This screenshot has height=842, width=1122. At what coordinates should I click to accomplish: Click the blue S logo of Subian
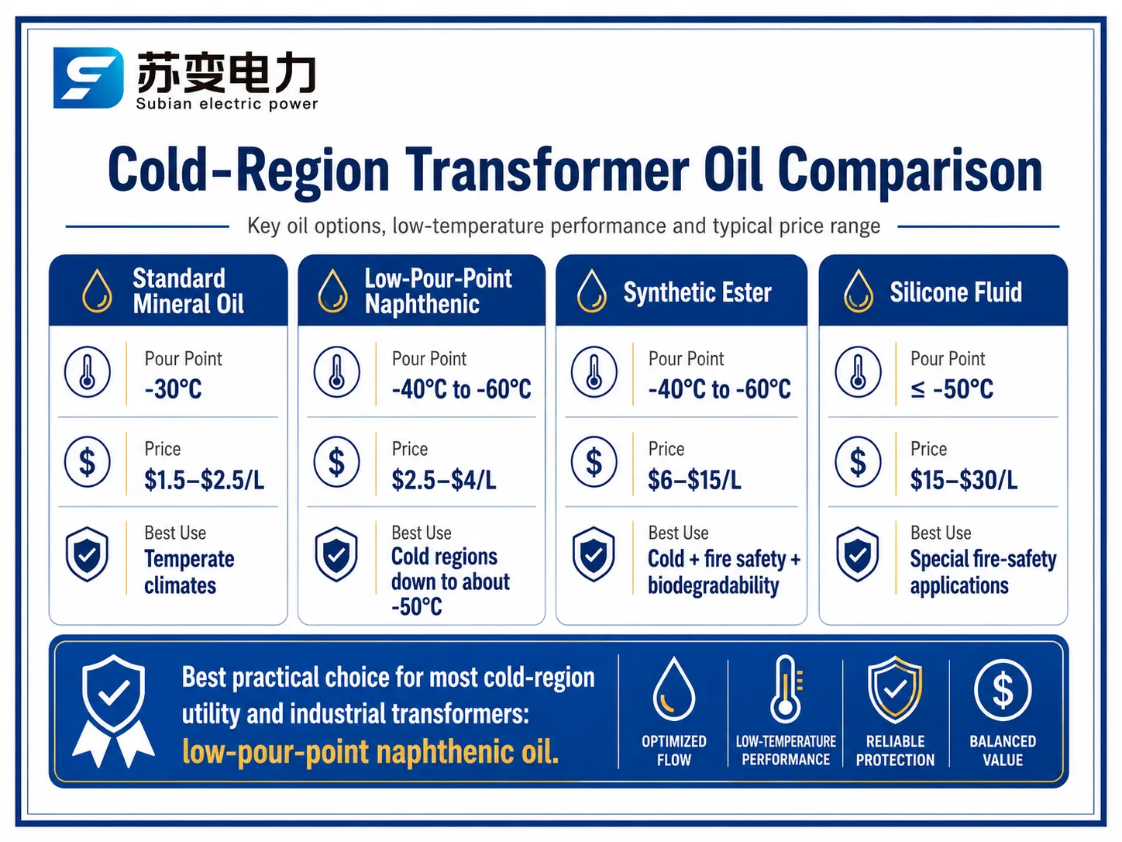coord(88,78)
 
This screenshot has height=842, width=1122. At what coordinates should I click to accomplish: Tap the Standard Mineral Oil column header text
coord(188,291)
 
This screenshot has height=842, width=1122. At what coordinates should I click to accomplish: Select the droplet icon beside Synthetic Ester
coord(591,291)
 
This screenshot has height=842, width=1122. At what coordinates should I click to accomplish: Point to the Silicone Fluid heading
coord(956,292)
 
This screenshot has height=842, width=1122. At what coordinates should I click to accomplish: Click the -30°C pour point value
coord(174,389)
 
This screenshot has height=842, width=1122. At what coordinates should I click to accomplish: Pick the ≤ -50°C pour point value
coord(952,389)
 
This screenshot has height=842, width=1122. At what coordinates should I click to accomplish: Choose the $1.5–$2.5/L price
coord(204,479)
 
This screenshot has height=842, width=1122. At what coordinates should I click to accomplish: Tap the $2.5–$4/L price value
coord(444,479)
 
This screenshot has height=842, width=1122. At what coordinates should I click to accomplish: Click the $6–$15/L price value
coord(694,479)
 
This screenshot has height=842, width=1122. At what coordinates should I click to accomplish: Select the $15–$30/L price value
coord(963,479)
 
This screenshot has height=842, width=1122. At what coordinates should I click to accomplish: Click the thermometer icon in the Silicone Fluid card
coord(858,371)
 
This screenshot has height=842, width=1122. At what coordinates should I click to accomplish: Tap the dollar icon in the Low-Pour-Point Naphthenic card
coord(336,461)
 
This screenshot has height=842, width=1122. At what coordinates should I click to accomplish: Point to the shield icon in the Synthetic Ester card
coord(593,554)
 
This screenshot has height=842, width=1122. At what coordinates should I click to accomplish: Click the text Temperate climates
coord(189,572)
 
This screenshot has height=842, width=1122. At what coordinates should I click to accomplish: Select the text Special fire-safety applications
coord(983,572)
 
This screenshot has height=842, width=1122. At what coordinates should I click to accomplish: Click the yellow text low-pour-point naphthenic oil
coord(370,752)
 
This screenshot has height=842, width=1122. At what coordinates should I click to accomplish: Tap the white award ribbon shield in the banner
coord(113,711)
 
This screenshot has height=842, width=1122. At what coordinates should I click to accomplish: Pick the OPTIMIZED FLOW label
coord(673,751)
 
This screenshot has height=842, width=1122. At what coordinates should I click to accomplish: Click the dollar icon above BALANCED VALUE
coord(1003,690)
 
